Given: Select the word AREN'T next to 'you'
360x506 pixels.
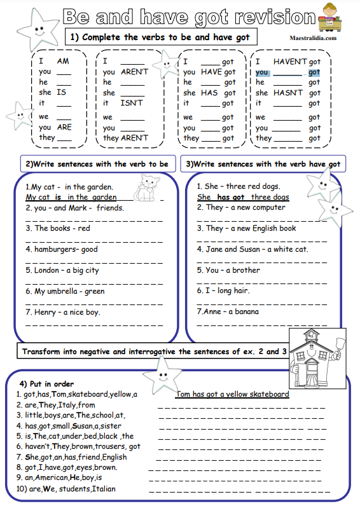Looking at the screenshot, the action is click(134, 72).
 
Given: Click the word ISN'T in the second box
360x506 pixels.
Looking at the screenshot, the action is click(131, 103).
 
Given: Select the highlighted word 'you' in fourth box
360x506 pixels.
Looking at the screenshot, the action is click(261, 72).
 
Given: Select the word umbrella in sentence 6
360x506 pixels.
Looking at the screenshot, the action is click(63, 291).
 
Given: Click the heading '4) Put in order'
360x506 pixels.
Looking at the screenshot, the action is click(46, 384).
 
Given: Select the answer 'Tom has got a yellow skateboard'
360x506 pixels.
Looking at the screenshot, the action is click(232, 394).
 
